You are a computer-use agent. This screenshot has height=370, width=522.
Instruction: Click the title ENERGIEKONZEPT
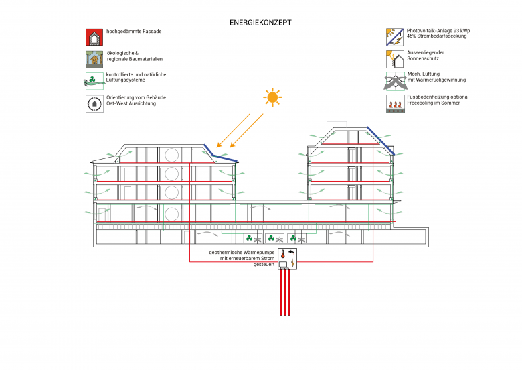click(260, 22)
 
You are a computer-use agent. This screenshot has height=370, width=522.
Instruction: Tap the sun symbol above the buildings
click(272, 98)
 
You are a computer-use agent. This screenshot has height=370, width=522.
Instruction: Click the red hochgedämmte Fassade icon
click(94, 37)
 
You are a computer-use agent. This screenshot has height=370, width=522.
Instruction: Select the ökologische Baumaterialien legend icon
click(94, 59)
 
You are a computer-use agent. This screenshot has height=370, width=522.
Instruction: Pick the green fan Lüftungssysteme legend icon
click(94, 80)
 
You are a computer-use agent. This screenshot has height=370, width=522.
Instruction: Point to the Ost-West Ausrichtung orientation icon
click(94, 103)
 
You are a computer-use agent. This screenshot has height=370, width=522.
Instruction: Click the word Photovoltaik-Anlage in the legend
click(428, 31)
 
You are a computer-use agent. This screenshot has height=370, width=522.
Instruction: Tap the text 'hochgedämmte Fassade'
click(134, 31)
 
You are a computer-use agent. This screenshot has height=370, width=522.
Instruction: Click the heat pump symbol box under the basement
click(288, 258)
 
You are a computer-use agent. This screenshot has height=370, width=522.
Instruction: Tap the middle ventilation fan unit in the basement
click(274, 237)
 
